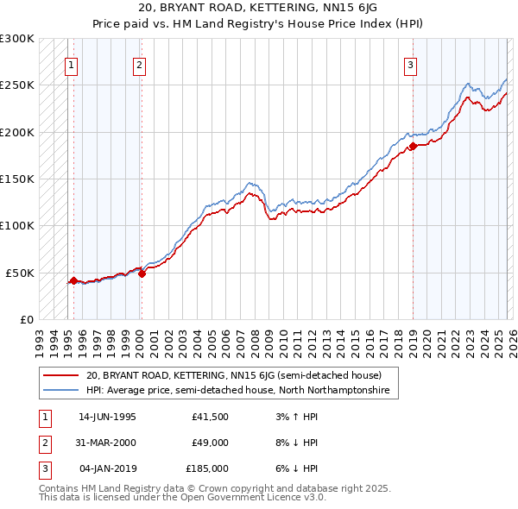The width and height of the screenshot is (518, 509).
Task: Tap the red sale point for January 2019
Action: click(x=413, y=146)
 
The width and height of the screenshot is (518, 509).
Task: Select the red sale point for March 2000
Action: click(x=142, y=273)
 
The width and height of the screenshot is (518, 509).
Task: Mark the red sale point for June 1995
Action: click(x=73, y=280)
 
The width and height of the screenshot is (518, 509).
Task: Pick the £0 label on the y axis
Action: click(x=25, y=319)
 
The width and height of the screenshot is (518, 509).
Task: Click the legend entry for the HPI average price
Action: click(x=237, y=391)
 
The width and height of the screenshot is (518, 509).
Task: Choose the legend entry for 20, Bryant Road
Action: click(x=228, y=375)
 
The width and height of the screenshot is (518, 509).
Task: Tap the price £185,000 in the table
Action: click(x=207, y=468)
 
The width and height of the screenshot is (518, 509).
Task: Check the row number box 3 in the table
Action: click(x=42, y=468)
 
